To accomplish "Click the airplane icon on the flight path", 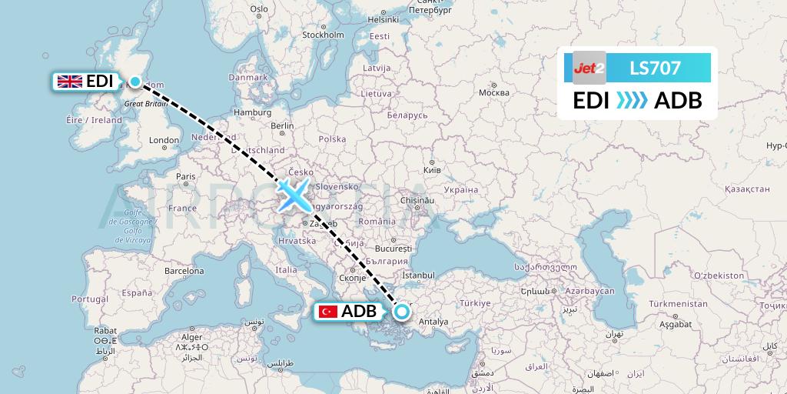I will pyautogui.click(x=293, y=195).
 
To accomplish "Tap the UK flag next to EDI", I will pyautogui.click(x=70, y=82).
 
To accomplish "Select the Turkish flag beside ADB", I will pyautogui.click(x=327, y=312).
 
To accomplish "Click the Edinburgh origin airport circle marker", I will pyautogui.click(x=135, y=82).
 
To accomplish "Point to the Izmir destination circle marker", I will pyautogui.click(x=401, y=312).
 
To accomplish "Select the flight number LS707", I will pyautogui.click(x=655, y=68).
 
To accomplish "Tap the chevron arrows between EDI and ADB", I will pyautogui.click(x=633, y=100).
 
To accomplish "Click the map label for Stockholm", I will pyautogui.click(x=322, y=35).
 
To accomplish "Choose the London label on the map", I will pyautogui.click(x=164, y=140).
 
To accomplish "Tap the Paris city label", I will pyautogui.click(x=185, y=176).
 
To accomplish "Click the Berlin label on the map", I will pyautogui.click(x=282, y=125).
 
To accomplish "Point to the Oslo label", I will pyautogui.click(x=258, y=8).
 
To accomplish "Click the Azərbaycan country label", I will pyautogui.click(x=586, y=292).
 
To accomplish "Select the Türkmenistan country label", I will pyautogui.click(x=677, y=304).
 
